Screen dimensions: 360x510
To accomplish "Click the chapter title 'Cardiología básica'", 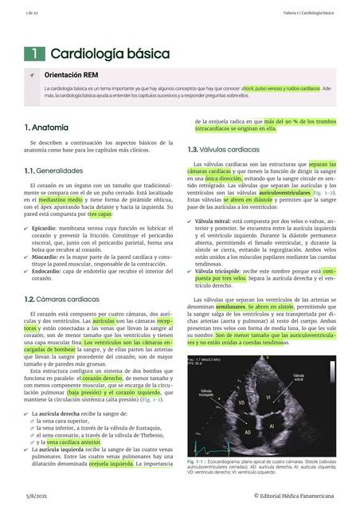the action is [110, 53].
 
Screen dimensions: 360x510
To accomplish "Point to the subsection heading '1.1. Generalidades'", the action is [53, 171].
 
